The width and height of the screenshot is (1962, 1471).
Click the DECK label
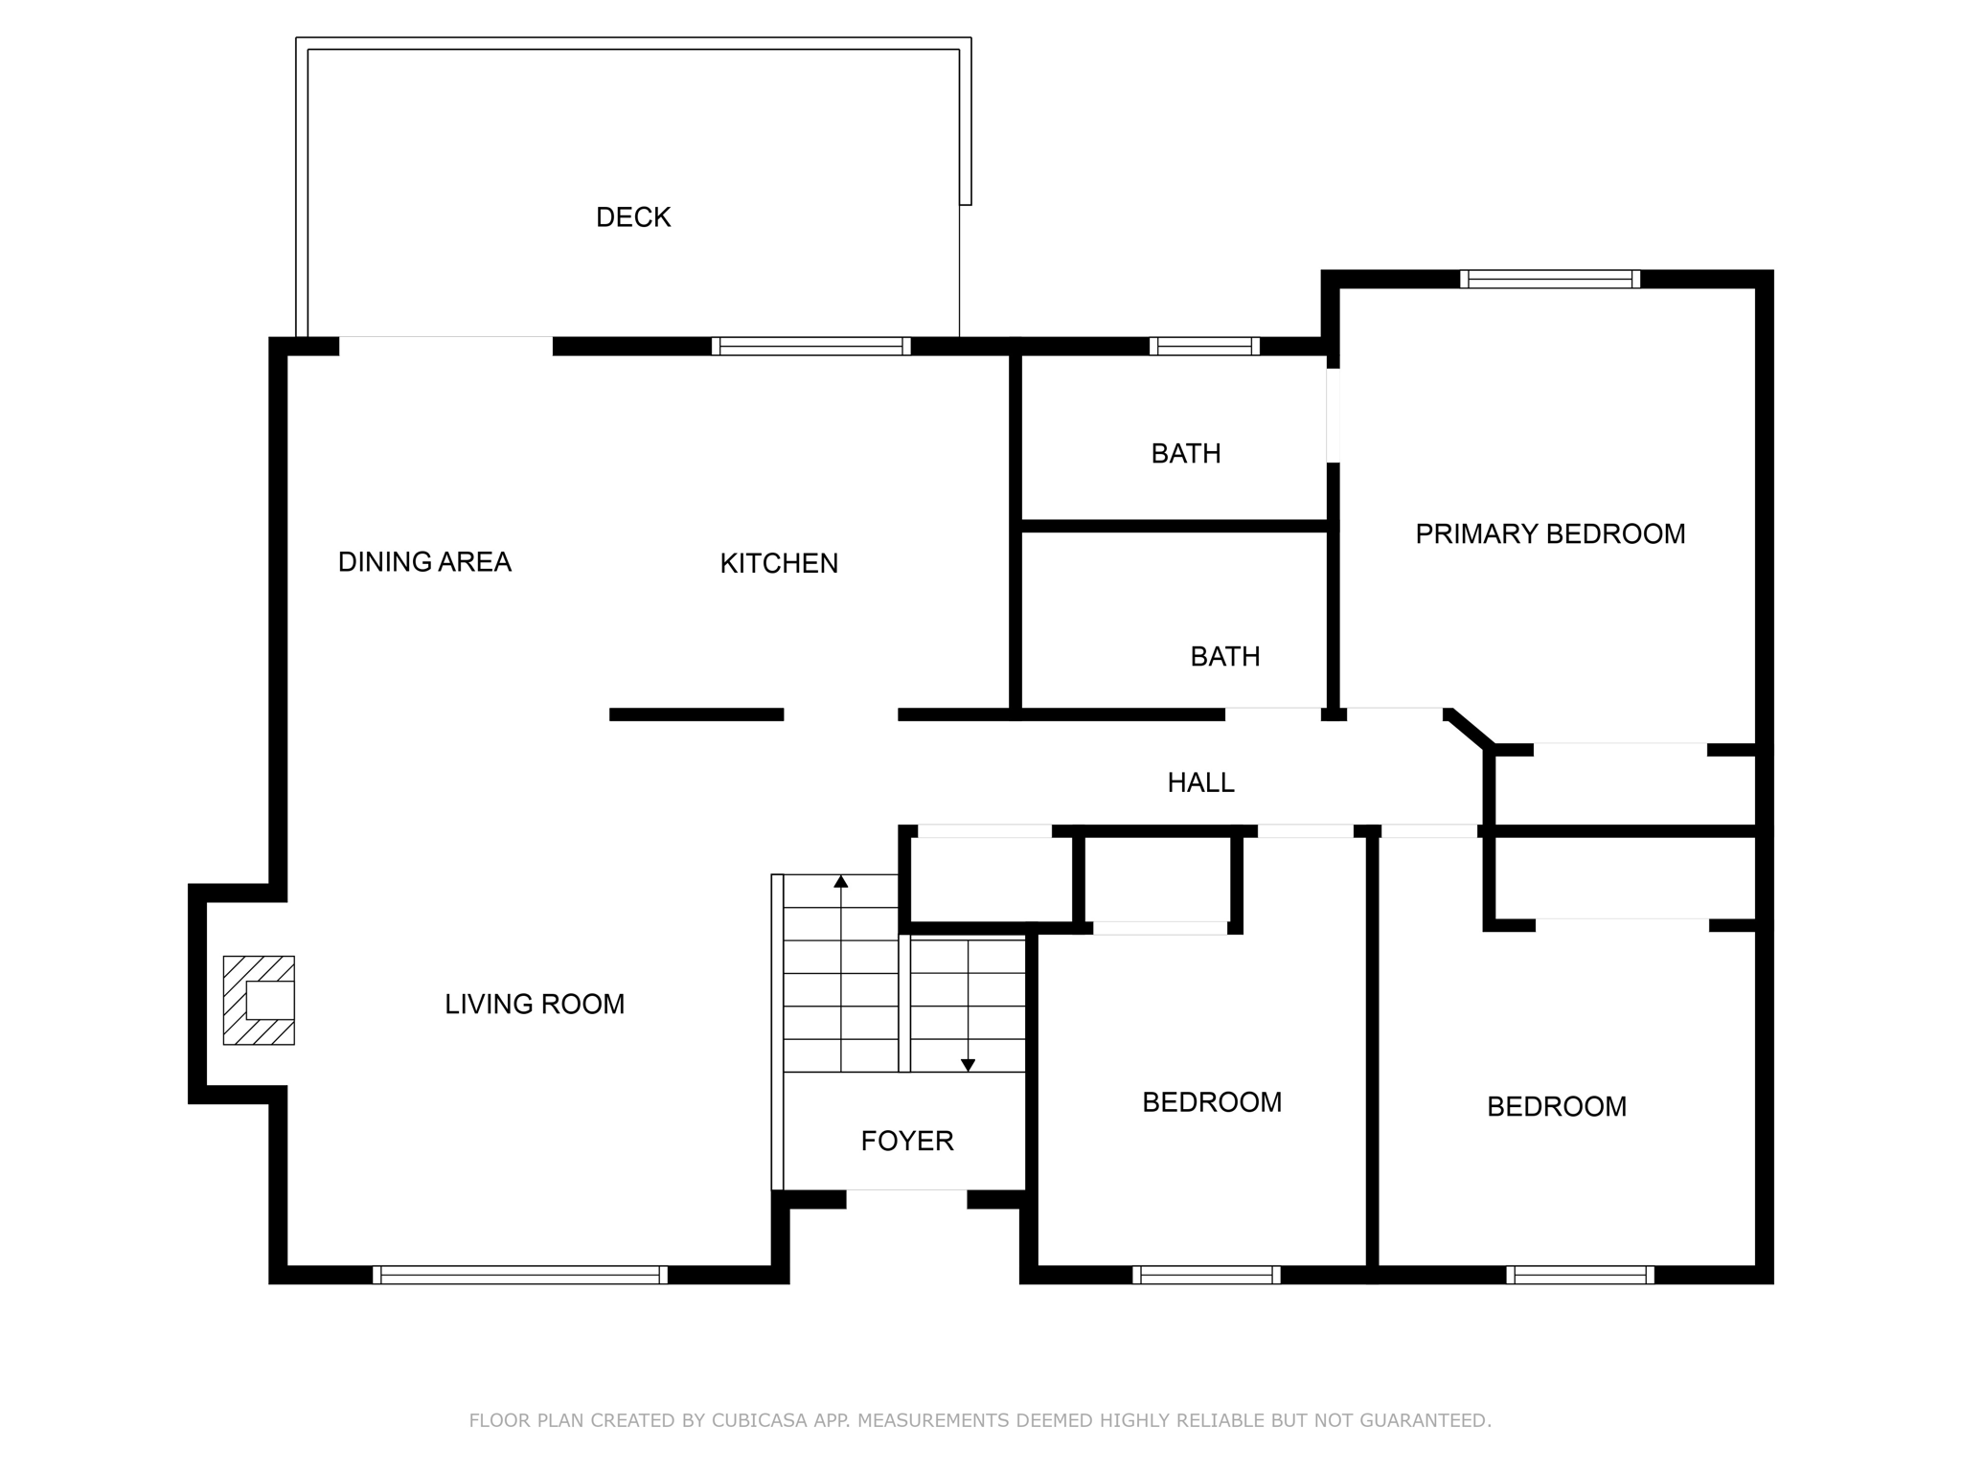632,217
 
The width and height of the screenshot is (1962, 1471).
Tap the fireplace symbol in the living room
259,1000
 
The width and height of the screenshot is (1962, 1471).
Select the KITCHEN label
778,563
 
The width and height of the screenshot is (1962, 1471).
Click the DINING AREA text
424,562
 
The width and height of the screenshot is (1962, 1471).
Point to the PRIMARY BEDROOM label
1549,533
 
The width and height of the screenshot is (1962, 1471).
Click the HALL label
1199,782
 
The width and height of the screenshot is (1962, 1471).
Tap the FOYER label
906,1141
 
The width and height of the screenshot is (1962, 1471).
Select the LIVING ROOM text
534,1004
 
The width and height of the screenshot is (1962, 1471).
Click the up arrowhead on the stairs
840,882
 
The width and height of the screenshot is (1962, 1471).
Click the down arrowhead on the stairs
968,1065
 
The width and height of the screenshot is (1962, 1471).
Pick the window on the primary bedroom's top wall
1549,279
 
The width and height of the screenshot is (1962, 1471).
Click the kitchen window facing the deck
810,346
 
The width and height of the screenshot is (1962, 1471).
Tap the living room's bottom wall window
519,1274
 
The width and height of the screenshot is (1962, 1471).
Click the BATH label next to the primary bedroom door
1185,453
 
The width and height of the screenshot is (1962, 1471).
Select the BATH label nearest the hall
1224,656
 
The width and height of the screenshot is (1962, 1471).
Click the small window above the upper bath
1204,346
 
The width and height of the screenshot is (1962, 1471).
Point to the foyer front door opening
906,1197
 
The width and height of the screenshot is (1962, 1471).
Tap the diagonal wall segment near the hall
1468,728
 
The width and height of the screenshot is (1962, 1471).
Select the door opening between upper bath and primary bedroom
1332,416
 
